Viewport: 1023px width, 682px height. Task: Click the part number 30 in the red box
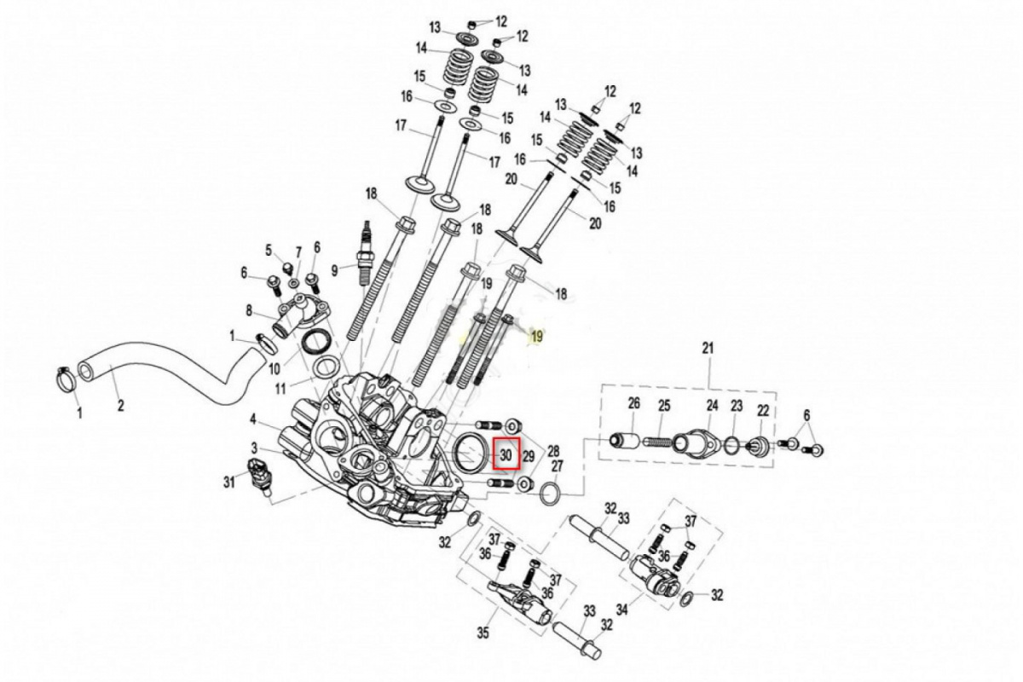click(506, 455)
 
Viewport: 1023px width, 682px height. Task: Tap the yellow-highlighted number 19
click(537, 337)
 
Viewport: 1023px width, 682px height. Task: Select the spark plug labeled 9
click(366, 253)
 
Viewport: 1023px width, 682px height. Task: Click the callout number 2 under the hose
click(120, 405)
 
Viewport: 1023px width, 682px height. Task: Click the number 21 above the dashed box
click(707, 349)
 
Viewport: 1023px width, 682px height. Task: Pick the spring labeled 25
click(658, 442)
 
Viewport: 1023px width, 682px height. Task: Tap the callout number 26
click(634, 403)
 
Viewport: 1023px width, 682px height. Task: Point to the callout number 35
click(483, 633)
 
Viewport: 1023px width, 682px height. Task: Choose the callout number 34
click(622, 610)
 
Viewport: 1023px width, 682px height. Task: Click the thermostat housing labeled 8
click(303, 315)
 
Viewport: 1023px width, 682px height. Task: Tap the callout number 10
click(274, 368)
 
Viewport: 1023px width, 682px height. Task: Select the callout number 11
click(280, 389)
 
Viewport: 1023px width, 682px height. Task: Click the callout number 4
click(253, 419)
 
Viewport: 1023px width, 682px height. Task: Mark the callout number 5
click(269, 250)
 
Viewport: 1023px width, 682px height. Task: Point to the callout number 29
click(528, 456)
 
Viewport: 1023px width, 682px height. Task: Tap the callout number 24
click(713, 405)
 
